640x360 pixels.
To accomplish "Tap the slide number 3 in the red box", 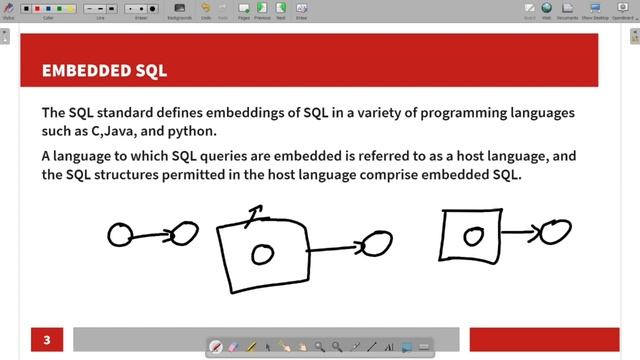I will click(46, 340).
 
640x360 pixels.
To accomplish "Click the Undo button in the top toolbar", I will click(205, 10).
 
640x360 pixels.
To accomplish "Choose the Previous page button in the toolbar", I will click(262, 10).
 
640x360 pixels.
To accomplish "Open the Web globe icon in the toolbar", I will click(545, 10).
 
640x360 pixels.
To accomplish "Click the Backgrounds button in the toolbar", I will click(179, 10).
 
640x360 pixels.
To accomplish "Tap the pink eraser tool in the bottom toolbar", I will click(233, 347).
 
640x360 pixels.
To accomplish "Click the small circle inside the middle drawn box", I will click(262, 254).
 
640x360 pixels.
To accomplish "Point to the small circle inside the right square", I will click(474, 237).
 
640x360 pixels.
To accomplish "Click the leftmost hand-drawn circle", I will click(120, 235).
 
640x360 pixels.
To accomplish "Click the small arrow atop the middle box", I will click(256, 214).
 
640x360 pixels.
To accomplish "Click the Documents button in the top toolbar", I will click(567, 10).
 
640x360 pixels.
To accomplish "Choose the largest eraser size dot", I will click(152, 9).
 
